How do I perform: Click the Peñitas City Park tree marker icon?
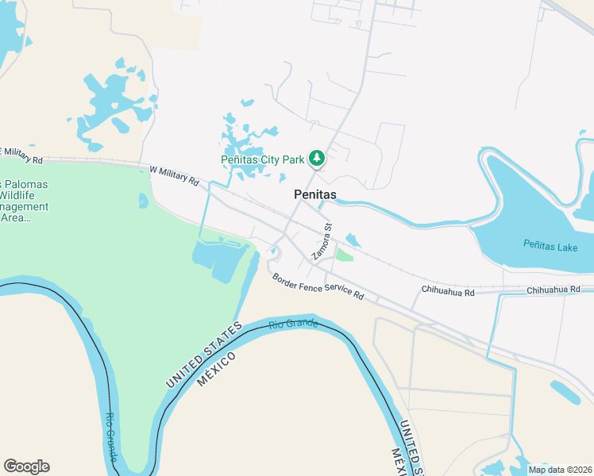point(317,159)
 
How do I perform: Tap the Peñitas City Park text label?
point(263,159)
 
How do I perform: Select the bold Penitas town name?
point(314,194)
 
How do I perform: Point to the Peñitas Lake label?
point(550,247)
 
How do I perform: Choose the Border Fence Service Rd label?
point(318,286)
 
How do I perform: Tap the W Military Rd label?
point(174,175)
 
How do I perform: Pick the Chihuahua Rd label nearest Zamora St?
point(448,292)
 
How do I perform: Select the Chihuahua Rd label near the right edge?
point(553,291)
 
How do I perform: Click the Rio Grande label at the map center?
point(293,324)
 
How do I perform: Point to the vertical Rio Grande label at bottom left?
point(111,437)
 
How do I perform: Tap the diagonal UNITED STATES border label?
point(203,355)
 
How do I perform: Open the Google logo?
point(26,466)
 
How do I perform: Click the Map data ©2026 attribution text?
point(560,469)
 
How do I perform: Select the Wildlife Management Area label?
point(24,202)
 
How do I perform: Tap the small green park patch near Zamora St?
point(343,255)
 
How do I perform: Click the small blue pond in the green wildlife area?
point(143,201)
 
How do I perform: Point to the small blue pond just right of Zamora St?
point(353,239)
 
